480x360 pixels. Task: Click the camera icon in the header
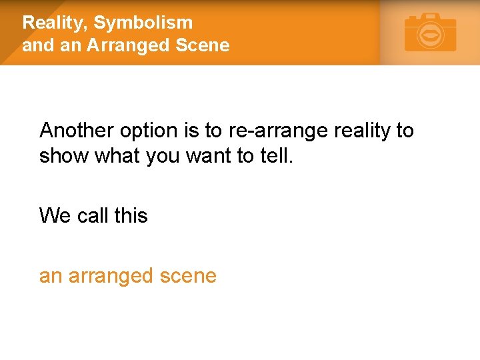431,33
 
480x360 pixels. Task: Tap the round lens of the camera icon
431,35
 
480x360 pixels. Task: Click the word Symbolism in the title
143,23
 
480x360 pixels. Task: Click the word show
64,156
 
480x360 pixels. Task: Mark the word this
131,216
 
